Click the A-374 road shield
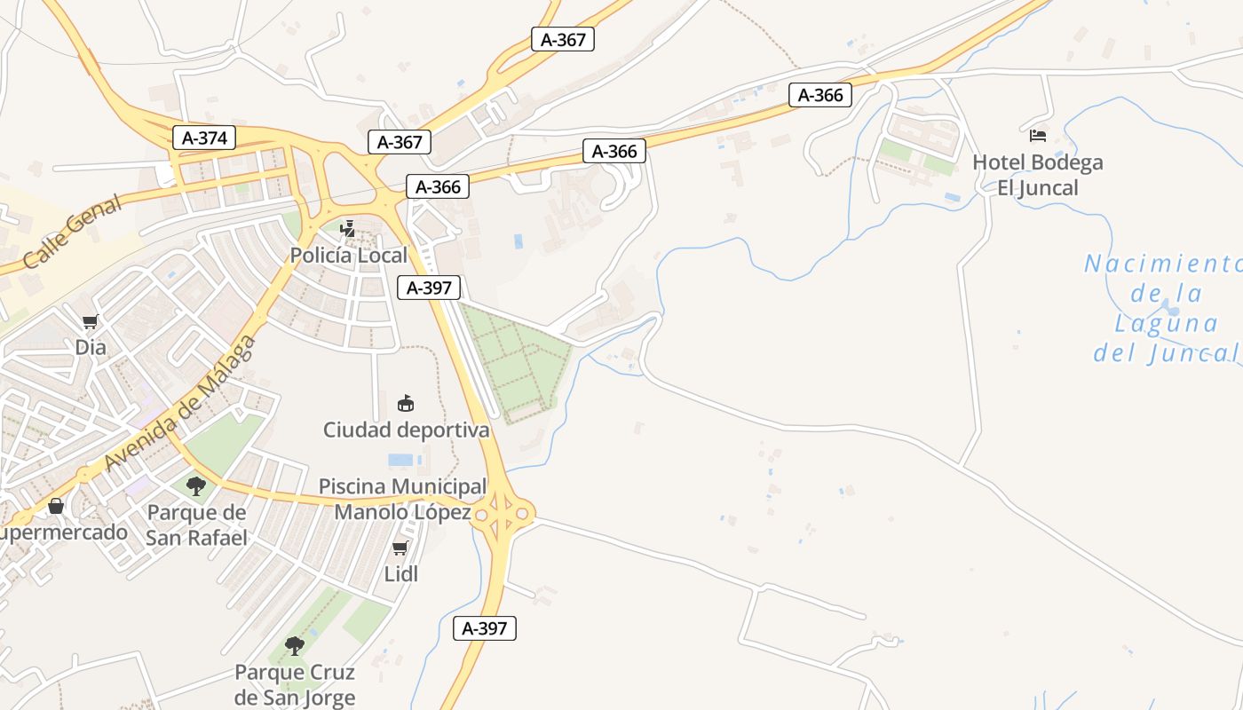[x=204, y=138]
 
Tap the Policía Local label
[x=349, y=256]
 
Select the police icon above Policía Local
[x=348, y=229]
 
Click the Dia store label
[x=91, y=347]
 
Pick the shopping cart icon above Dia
[x=90, y=321]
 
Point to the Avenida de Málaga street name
[x=180, y=405]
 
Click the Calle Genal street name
[x=73, y=232]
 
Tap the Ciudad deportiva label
[x=406, y=430]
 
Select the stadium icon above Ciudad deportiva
[x=406, y=403]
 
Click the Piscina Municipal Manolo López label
[x=403, y=499]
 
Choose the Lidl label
[x=400, y=574]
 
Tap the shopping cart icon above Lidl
[x=400, y=548]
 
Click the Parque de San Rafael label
[x=196, y=525]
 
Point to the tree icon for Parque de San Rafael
[x=196, y=485]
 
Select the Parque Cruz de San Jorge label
[x=295, y=684]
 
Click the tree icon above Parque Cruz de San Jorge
[x=295, y=645]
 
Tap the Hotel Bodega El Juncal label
[x=1038, y=175]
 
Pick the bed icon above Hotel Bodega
[x=1038, y=136]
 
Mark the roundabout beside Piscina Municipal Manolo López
[x=503, y=513]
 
